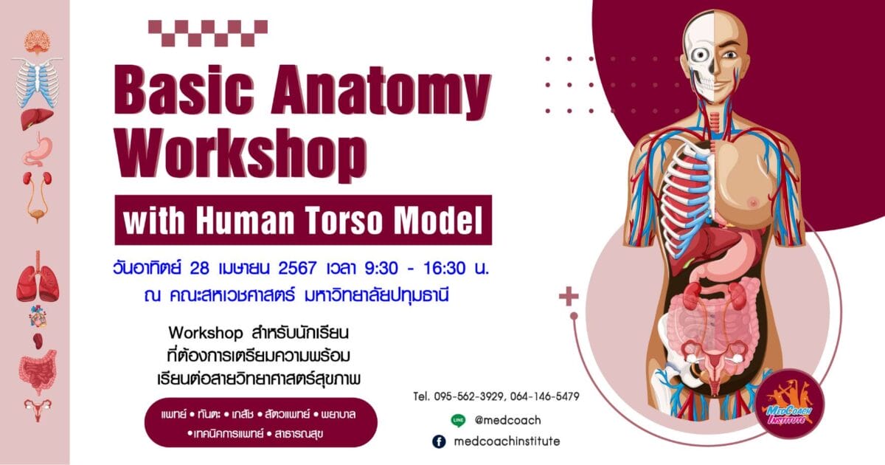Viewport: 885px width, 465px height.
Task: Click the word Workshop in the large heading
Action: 240,155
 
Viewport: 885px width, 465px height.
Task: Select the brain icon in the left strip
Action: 37,42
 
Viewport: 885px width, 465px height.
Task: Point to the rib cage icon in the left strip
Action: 37,82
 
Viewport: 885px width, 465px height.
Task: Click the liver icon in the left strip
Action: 37,119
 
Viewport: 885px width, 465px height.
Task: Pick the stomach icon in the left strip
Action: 38,149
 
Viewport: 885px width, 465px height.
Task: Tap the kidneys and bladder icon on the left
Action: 38,196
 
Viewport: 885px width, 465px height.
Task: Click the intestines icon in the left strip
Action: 38,373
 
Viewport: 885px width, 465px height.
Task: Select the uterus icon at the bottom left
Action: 38,409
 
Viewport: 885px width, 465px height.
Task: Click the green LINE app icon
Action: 458,420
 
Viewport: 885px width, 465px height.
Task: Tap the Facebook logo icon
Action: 439,441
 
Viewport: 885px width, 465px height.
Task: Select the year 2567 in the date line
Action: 297,268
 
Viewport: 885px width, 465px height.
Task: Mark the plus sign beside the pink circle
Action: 569,297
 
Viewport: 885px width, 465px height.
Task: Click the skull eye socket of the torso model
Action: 701,55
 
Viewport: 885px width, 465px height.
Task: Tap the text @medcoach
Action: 507,420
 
